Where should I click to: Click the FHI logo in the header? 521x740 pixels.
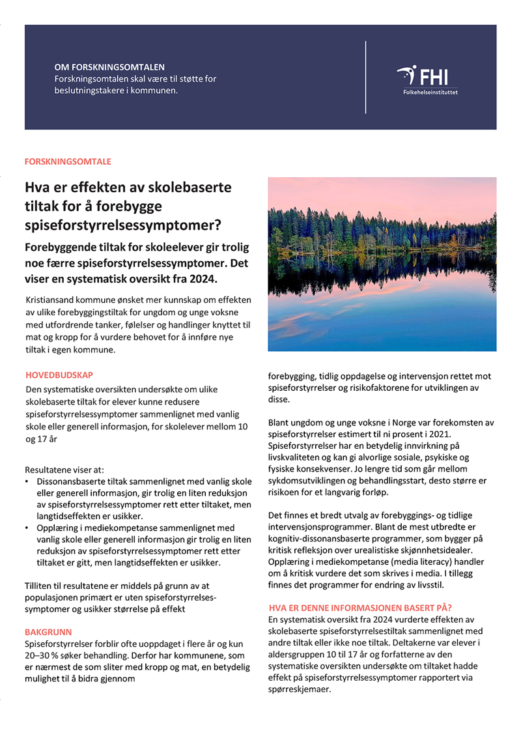[427, 76]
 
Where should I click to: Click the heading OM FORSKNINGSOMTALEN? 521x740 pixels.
[109, 67]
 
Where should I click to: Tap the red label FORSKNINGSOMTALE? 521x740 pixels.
[68, 161]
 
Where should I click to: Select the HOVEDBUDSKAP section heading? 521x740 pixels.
[59, 375]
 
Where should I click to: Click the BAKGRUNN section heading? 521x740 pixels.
[48, 632]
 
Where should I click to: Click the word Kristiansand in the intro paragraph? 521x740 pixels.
[50, 300]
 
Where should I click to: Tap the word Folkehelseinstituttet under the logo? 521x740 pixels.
[430, 92]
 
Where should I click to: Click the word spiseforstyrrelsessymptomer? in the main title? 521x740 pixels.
[123, 226]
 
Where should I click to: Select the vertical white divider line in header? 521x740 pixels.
[365, 76]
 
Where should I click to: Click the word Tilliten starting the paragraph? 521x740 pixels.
[40, 586]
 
